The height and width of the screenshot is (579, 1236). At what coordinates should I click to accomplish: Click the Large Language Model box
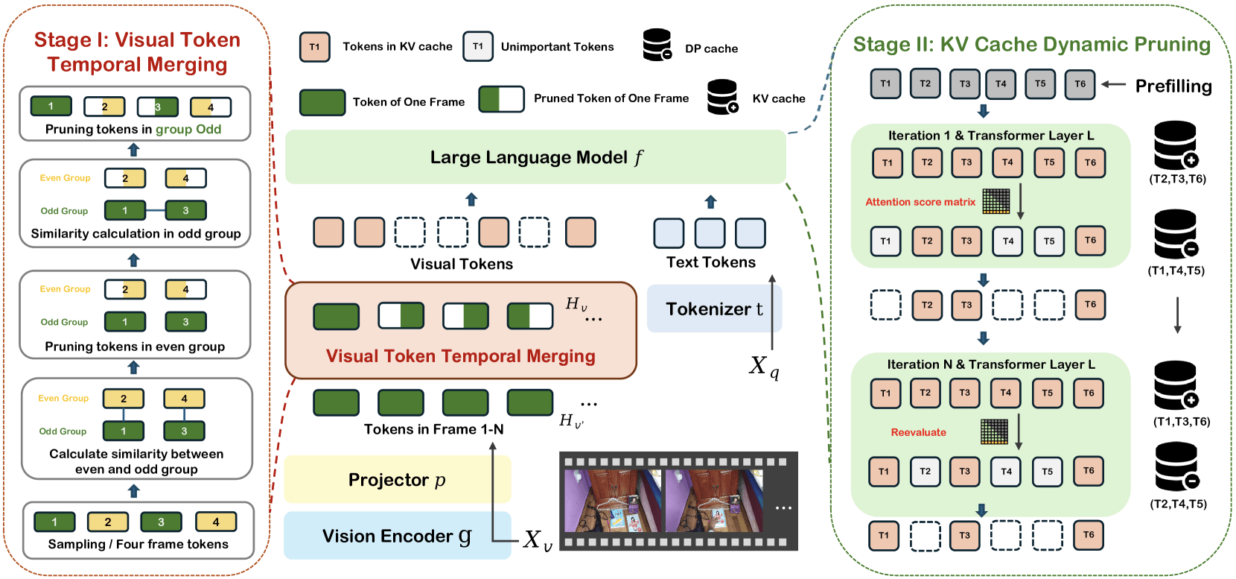click(535, 157)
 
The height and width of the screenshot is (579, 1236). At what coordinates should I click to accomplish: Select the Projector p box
click(397, 480)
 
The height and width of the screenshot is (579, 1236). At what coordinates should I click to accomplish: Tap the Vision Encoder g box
click(397, 536)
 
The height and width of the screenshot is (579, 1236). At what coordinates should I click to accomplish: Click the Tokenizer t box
click(713, 309)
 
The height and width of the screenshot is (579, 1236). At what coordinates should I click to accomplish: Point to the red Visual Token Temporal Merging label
click(460, 356)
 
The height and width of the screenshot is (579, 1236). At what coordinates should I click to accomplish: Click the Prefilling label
click(1173, 86)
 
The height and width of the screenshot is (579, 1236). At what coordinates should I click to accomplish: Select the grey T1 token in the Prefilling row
click(885, 84)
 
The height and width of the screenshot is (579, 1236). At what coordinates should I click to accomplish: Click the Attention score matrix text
click(920, 202)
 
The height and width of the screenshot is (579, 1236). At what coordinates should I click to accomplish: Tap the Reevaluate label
click(918, 432)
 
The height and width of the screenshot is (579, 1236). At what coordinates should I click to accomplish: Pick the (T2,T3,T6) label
click(1177, 179)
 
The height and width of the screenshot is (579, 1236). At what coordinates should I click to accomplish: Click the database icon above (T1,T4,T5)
click(1176, 233)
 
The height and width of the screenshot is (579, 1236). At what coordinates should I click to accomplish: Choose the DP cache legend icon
click(657, 45)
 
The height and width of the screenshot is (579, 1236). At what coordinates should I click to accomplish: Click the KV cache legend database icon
click(722, 97)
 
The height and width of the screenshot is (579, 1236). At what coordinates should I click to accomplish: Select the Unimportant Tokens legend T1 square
click(478, 46)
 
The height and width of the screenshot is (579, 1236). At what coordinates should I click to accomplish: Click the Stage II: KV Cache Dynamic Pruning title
click(1031, 45)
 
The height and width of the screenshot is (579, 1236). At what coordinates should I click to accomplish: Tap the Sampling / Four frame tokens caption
click(138, 544)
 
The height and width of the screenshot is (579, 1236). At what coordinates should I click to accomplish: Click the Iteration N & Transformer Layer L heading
click(990, 364)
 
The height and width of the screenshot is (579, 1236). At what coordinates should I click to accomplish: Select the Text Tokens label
click(710, 262)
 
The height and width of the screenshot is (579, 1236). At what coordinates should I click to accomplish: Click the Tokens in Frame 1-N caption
click(433, 429)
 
